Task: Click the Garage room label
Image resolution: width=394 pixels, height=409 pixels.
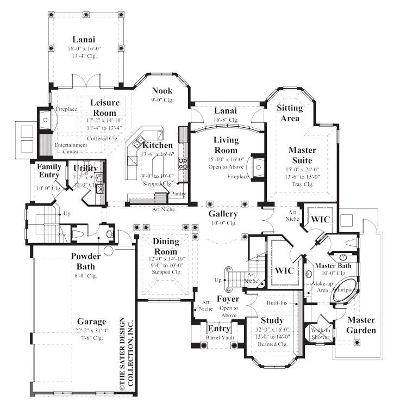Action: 91,321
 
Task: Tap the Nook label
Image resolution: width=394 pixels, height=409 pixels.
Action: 162,91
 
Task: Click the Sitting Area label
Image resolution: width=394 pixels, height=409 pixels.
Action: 290,113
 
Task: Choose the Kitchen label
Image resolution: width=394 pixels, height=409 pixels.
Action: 158,145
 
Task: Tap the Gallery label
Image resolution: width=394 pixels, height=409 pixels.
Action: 223,214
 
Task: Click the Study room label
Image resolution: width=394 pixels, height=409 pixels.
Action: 272,320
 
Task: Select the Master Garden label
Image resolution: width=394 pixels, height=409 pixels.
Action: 361,325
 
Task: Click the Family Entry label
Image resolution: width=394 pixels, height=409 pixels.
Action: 49,171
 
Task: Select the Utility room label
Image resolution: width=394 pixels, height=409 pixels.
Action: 85,168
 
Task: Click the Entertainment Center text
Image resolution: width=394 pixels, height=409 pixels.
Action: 71,148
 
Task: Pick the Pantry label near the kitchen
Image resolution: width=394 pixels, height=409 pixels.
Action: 178,194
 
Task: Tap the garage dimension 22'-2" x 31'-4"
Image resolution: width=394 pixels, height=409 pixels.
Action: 91,331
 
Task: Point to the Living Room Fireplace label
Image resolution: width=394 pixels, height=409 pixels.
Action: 237,176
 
